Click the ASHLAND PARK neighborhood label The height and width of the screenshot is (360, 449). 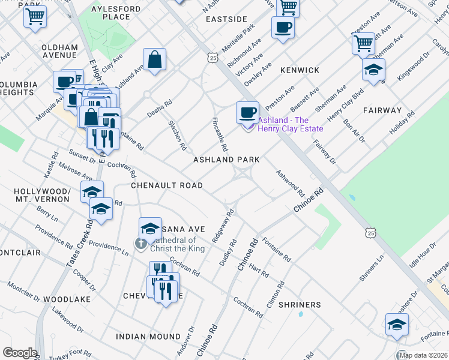(x=226, y=160)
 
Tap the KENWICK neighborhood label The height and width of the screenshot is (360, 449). (x=300, y=70)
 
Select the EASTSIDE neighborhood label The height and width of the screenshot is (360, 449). (x=226, y=19)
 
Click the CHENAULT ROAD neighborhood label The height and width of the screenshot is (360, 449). (x=167, y=185)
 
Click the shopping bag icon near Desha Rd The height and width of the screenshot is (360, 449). (x=154, y=59)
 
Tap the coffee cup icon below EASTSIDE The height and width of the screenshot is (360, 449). (x=283, y=27)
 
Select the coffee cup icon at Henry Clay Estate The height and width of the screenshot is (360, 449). (x=247, y=112)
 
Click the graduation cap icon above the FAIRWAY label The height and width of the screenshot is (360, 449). (x=373, y=70)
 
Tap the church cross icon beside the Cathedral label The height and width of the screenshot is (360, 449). (x=140, y=244)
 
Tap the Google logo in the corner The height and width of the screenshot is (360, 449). (x=20, y=353)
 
